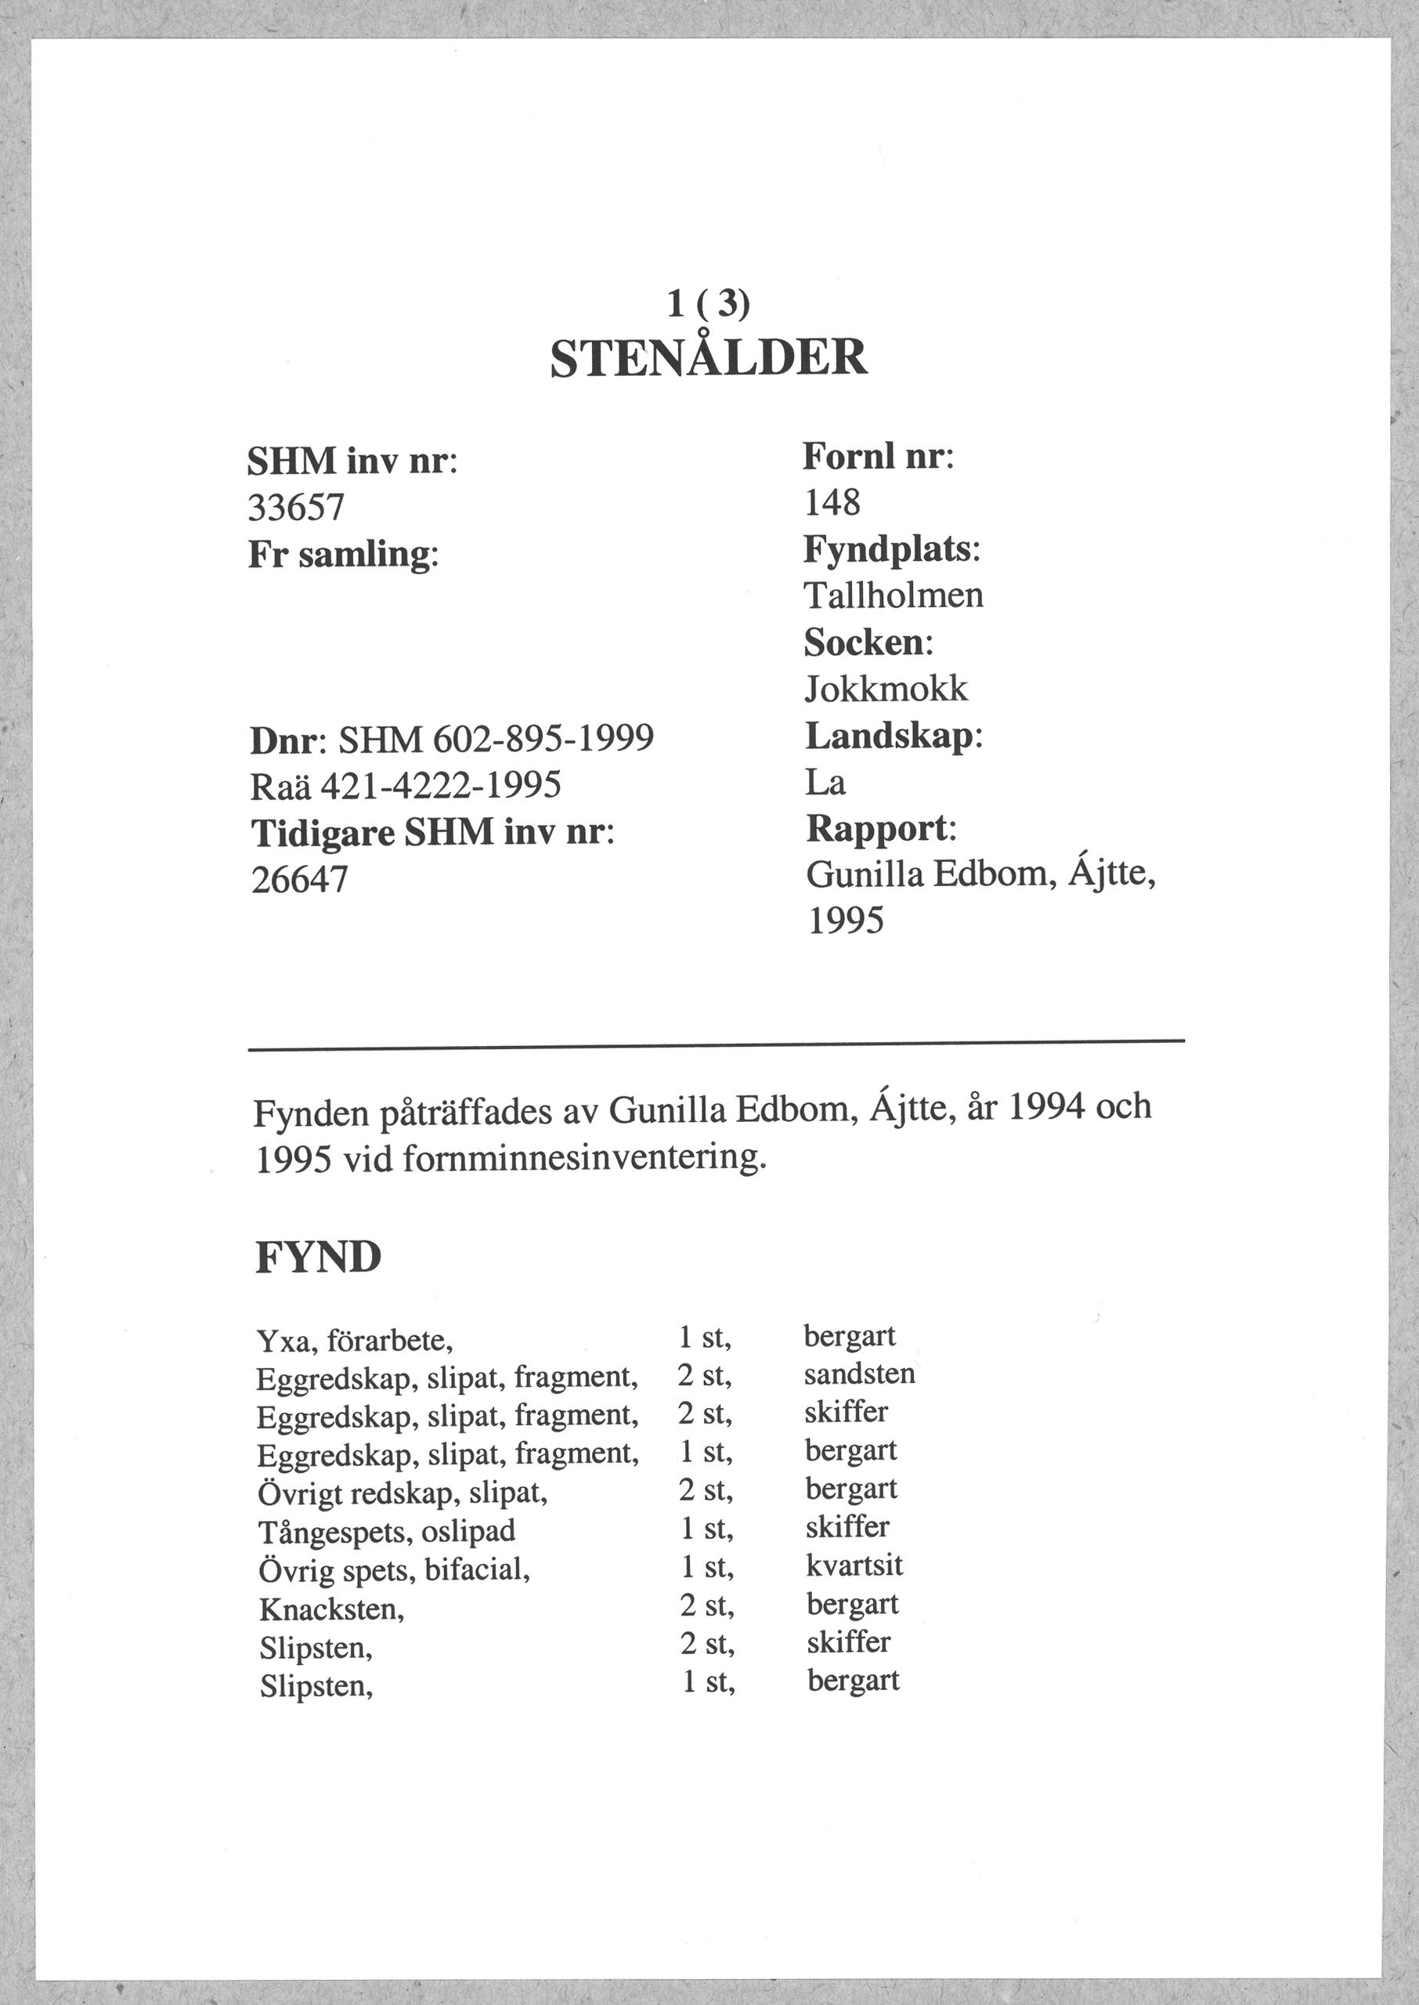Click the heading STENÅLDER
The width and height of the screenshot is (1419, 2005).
click(x=709, y=357)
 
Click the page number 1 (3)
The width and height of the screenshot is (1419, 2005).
click(x=709, y=303)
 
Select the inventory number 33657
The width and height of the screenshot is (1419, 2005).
click(x=297, y=507)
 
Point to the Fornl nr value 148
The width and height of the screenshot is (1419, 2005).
click(x=832, y=502)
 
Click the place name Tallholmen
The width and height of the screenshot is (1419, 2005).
click(x=893, y=596)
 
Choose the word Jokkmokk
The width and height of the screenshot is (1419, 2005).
click(x=886, y=689)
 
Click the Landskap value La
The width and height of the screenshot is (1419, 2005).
click(x=825, y=782)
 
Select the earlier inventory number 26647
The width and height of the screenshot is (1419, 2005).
click(x=300, y=879)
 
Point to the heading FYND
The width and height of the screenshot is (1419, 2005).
click(x=319, y=1258)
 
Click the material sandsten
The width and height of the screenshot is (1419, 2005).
click(x=859, y=1374)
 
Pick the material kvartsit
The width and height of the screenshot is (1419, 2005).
click(x=854, y=1565)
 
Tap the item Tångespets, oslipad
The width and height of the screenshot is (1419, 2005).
click(x=387, y=1530)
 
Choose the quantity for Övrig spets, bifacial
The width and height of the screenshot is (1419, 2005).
click(x=707, y=1567)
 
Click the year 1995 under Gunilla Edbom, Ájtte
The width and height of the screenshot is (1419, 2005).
click(x=845, y=921)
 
